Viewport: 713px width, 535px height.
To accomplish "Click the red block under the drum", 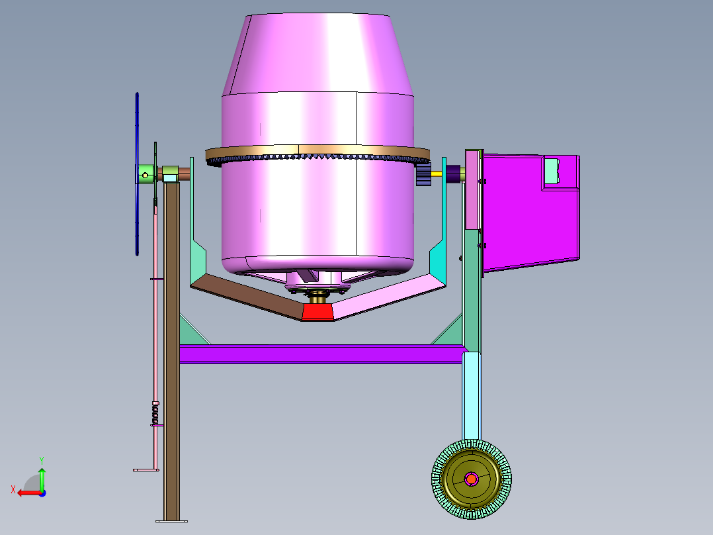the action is tap(317, 312).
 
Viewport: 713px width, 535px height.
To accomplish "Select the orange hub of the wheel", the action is tap(472, 479).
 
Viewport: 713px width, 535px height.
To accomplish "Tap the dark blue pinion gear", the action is tap(423, 174).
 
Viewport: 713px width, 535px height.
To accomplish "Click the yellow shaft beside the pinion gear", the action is tap(437, 173).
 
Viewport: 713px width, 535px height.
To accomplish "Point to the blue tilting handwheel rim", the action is tap(137, 174).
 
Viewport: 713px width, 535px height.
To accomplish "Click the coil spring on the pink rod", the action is tap(155, 415).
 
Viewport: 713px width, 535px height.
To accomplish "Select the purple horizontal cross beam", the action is tap(322, 354).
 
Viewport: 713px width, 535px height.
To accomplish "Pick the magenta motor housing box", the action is tap(530, 212).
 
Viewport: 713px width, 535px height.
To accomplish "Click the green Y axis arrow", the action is tap(42, 479).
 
